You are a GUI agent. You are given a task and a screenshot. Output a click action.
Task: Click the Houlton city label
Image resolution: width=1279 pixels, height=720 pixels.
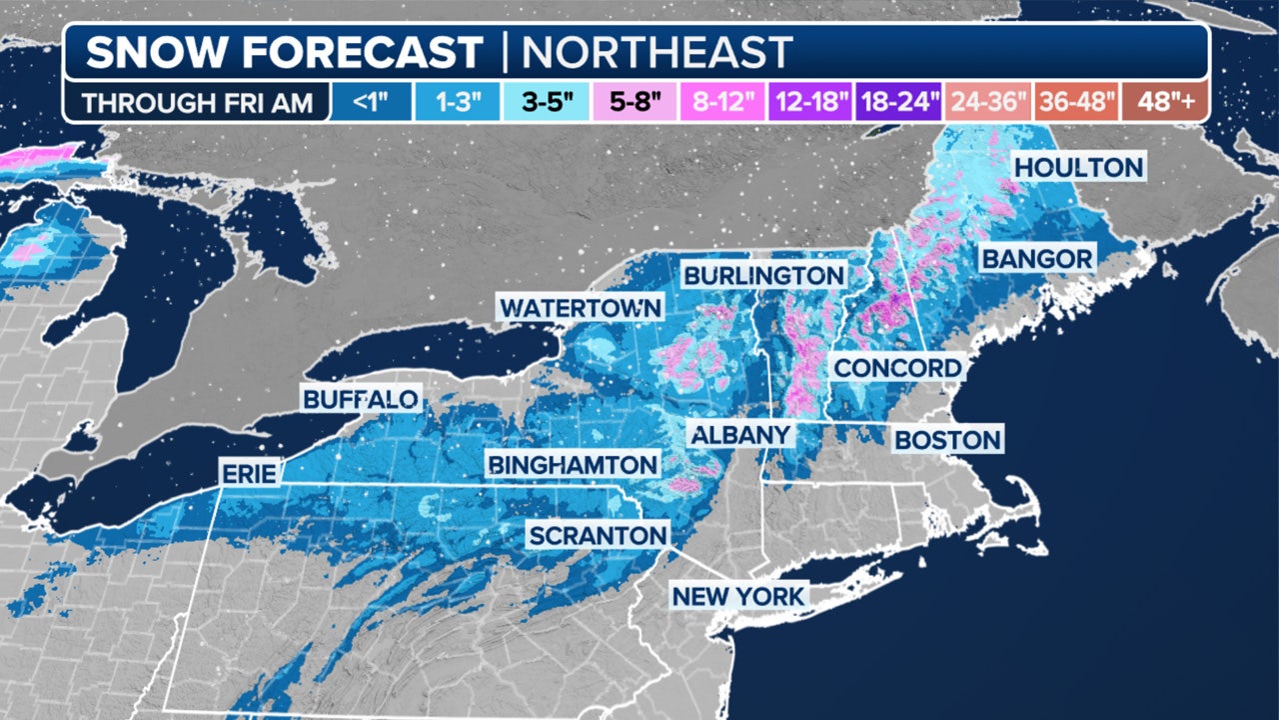1079,166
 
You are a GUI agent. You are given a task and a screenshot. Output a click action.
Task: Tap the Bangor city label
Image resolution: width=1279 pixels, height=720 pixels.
1037,259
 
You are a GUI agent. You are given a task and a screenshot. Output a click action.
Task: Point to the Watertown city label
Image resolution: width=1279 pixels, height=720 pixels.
581,307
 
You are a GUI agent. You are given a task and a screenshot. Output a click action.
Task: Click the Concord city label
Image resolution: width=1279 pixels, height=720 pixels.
897,367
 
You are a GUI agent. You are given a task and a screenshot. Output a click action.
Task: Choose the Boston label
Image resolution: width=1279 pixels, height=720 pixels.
947,439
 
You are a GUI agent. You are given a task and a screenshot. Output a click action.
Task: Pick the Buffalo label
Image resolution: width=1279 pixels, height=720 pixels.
361,400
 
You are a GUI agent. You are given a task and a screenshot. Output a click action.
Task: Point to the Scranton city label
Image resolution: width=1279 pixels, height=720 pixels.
598,536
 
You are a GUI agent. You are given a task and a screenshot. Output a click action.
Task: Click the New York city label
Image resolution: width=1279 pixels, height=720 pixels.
738,597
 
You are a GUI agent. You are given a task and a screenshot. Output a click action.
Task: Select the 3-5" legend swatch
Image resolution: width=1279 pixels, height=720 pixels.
537,103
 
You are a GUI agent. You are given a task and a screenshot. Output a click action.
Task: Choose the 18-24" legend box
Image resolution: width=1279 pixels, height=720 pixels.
898,103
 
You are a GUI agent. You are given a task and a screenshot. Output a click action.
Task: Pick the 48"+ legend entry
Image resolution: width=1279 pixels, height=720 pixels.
1162,103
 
